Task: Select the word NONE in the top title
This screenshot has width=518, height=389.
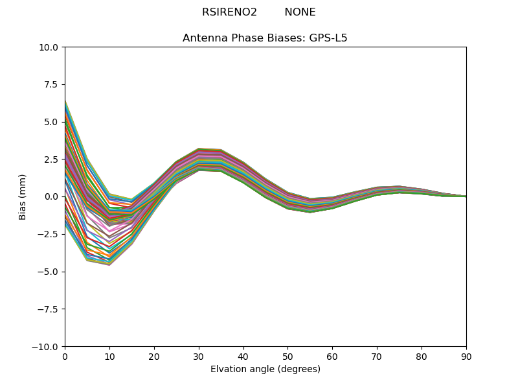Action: click(x=300, y=12)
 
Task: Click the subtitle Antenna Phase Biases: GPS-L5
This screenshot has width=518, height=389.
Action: click(x=265, y=38)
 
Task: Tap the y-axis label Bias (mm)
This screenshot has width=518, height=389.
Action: click(x=23, y=196)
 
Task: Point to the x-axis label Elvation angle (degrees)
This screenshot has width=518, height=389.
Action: click(x=265, y=370)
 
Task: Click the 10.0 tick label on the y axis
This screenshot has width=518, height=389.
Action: click(x=49, y=47)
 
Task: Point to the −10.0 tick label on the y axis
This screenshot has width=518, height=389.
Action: click(x=47, y=347)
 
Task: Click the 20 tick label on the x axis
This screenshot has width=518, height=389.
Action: click(x=154, y=357)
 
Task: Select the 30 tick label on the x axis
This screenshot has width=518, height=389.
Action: click(x=199, y=357)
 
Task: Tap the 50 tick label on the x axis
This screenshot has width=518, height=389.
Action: click(x=287, y=357)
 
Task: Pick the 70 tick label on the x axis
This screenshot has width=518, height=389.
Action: click(x=377, y=357)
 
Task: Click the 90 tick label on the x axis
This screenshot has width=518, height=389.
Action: click(x=466, y=357)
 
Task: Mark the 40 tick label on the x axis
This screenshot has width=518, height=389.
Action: click(x=243, y=357)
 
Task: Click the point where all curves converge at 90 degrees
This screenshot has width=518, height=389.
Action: click(x=466, y=196)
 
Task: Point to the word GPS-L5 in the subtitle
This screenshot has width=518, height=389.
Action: click(x=328, y=38)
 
